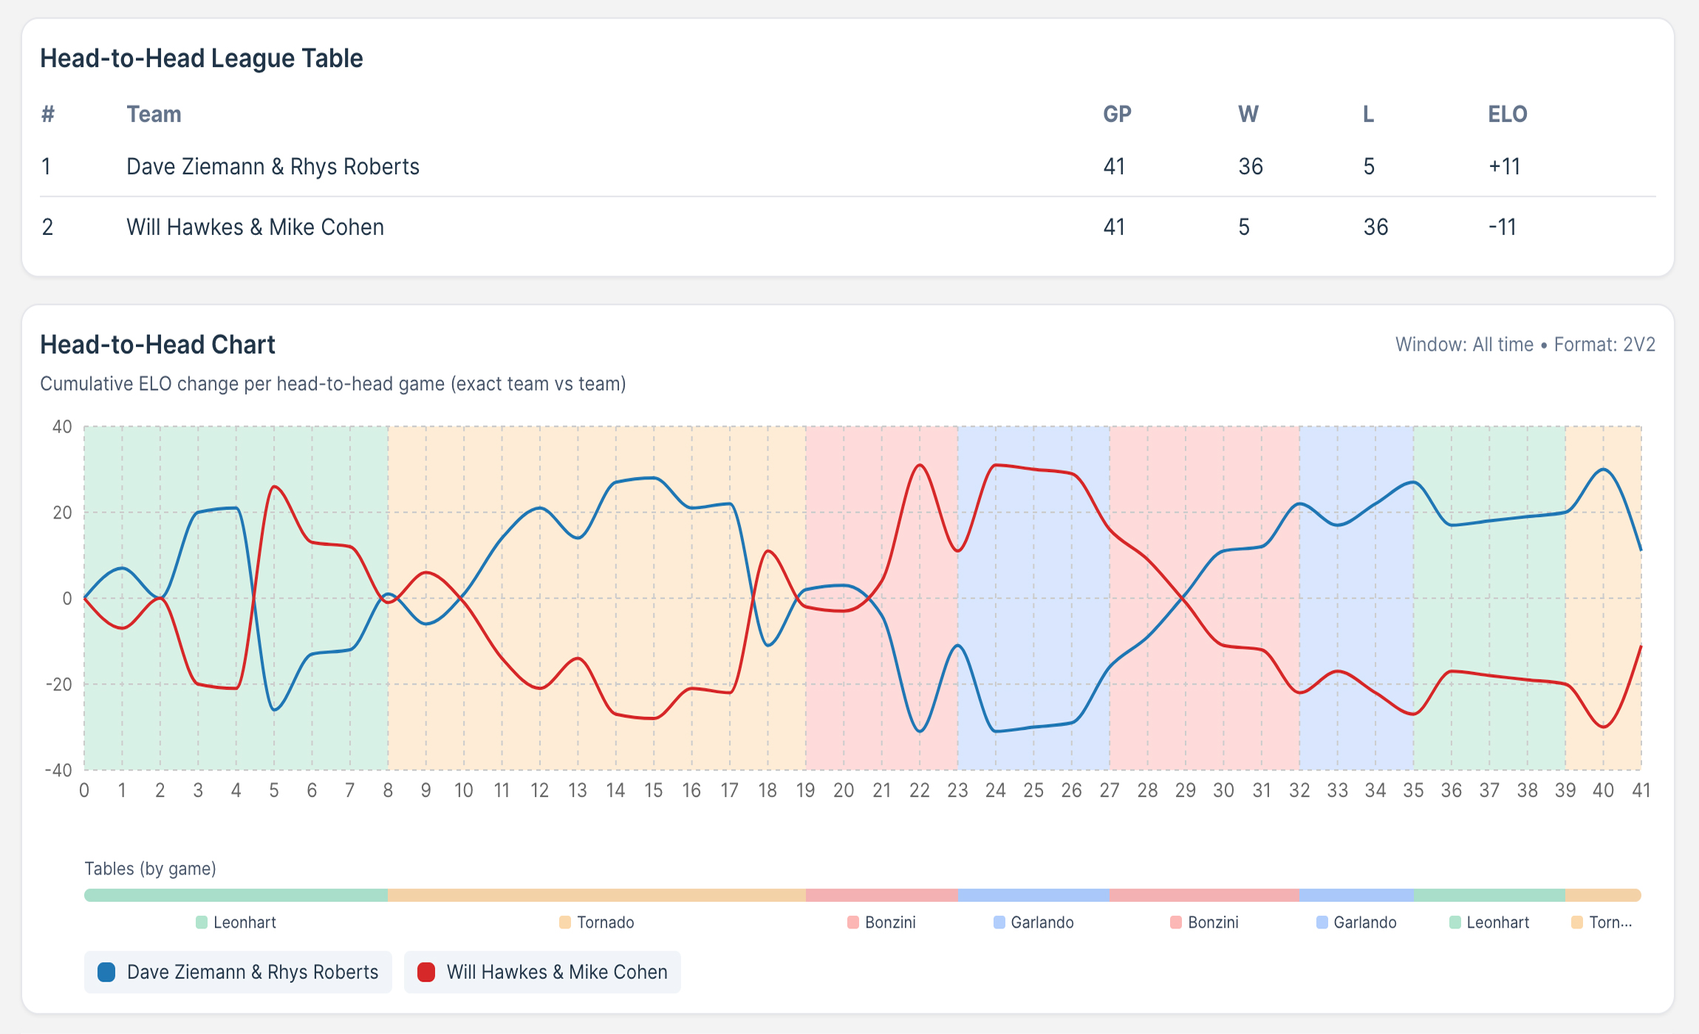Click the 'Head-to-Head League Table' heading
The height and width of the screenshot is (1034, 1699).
201,58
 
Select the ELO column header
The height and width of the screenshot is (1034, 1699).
1507,114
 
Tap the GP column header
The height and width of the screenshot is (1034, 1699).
1117,114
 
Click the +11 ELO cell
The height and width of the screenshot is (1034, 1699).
1504,166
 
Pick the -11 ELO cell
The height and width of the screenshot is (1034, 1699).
1502,227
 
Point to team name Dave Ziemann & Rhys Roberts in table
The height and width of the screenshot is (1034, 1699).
273,166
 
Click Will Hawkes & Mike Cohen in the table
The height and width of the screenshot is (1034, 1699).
255,227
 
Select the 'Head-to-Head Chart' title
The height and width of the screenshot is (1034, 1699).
157,345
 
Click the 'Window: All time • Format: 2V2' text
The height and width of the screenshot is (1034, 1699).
1525,345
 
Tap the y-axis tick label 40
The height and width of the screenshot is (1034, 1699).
62,427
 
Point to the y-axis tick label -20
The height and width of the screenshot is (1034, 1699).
59,684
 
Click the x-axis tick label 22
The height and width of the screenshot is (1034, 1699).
920,790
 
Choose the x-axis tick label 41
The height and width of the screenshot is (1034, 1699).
1641,790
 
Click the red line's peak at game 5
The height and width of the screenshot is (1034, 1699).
274,487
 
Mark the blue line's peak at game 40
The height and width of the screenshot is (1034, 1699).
1603,469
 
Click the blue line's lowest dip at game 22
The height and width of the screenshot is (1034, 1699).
920,731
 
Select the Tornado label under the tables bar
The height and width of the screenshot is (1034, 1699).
605,922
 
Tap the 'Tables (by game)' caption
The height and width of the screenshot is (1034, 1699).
150,869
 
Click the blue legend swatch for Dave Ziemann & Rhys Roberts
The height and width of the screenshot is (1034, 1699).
106,972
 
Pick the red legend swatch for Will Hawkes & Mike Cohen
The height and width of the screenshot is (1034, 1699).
426,972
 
